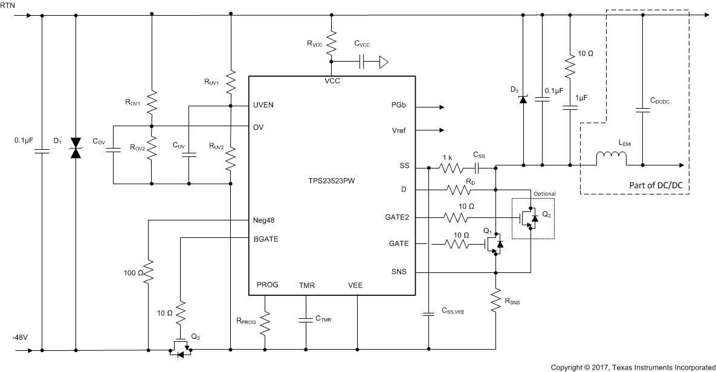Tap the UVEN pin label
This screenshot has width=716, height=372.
[263, 105]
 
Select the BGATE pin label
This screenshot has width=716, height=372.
[266, 238]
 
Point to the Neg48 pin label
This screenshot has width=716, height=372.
[265, 220]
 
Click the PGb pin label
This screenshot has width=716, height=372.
[399, 105]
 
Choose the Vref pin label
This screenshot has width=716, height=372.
[399, 130]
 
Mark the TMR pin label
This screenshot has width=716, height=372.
[307, 286]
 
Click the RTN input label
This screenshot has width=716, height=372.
[8, 5]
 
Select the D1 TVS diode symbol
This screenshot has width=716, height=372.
[76, 149]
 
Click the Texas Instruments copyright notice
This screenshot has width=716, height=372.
[633, 367]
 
